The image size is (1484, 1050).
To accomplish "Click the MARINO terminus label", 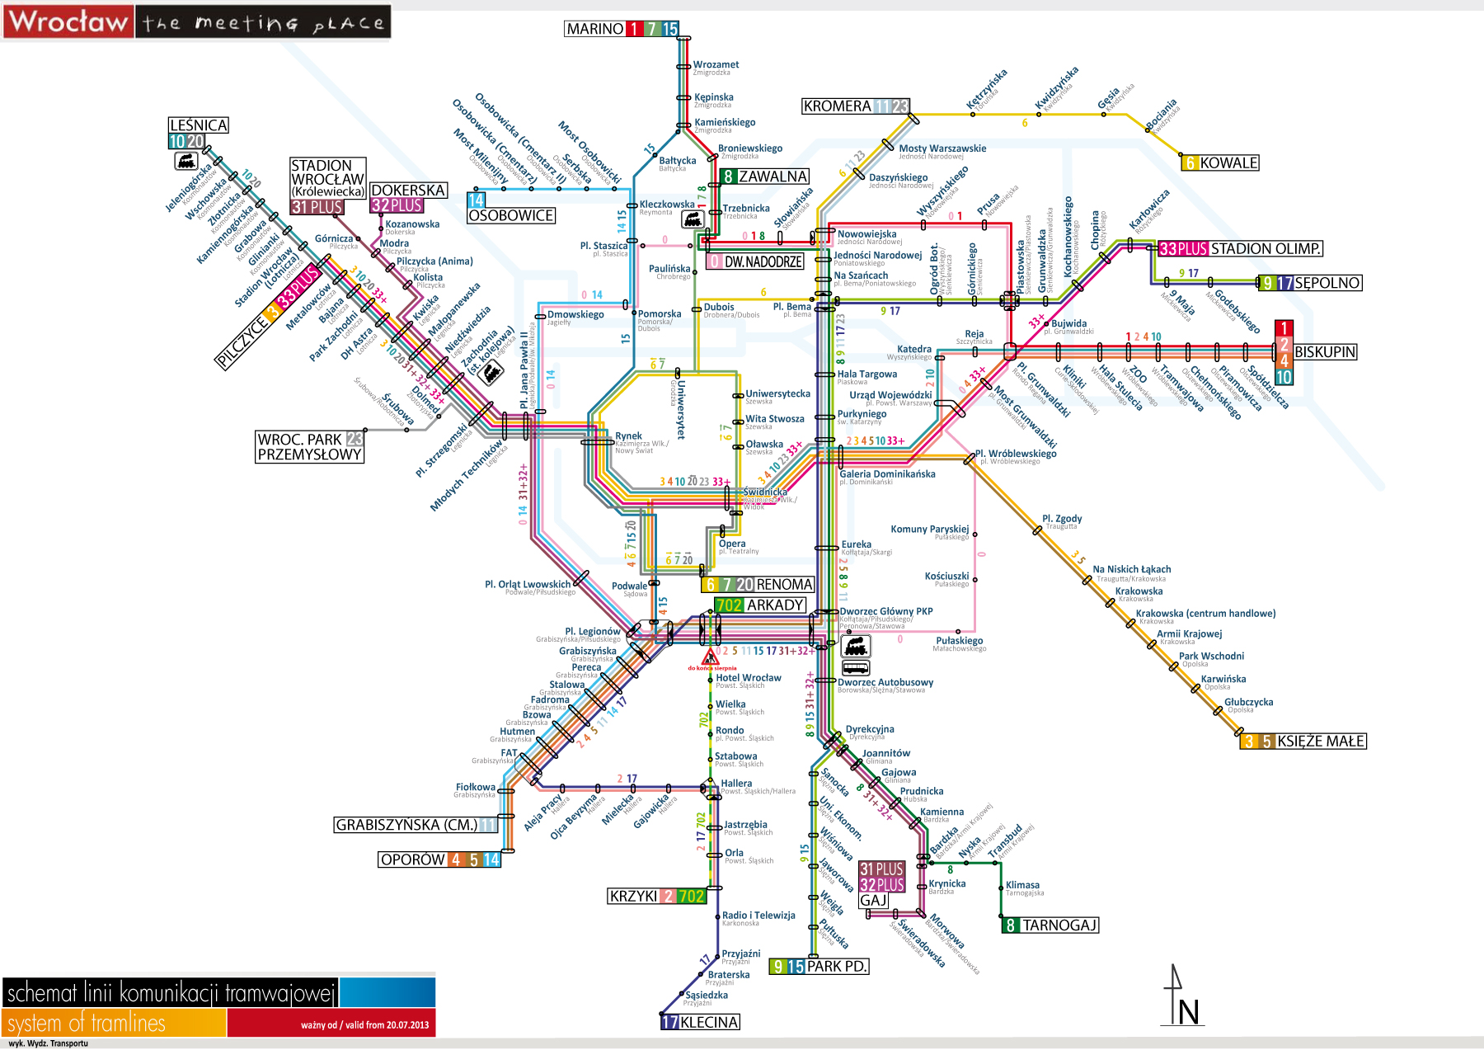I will click(x=594, y=29).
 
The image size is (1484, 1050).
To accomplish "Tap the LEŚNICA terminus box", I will click(x=198, y=125).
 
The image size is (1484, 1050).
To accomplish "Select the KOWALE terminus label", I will click(x=1228, y=163).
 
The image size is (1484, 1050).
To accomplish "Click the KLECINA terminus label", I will click(x=709, y=1022).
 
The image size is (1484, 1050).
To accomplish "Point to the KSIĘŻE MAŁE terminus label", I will click(x=1320, y=742).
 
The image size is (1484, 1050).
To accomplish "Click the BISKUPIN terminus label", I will click(x=1324, y=352).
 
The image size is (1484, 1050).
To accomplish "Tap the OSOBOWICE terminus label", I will click(x=510, y=216).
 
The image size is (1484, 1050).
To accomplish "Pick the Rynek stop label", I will click(x=628, y=436).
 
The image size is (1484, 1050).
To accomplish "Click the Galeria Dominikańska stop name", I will click(x=887, y=474).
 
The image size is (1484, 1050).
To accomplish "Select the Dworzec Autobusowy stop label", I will click(x=885, y=682).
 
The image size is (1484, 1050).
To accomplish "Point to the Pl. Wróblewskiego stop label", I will click(x=1016, y=454).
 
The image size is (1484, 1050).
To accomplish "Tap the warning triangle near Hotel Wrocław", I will click(x=710, y=657).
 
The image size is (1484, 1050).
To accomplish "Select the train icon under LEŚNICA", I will click(x=186, y=161).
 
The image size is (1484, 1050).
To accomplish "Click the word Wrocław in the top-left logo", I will click(x=68, y=21).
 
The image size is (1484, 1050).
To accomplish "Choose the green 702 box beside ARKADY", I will click(x=729, y=605).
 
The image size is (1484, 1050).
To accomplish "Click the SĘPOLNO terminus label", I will click(x=1327, y=283).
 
